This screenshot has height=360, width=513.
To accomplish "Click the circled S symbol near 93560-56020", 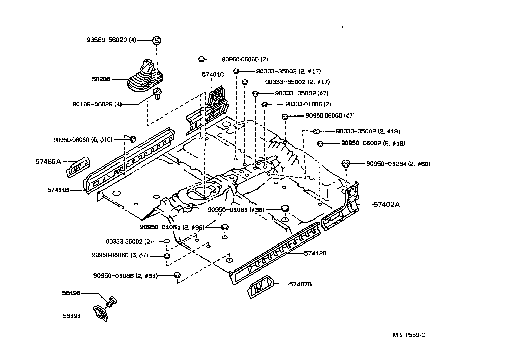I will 156,40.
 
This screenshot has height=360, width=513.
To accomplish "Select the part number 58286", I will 101,80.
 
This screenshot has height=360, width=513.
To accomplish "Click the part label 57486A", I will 48,162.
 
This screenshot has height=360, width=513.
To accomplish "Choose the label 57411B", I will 58,190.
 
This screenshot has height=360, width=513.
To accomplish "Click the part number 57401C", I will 213,74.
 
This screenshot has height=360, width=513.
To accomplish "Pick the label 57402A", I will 387,204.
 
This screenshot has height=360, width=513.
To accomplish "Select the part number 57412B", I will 315,253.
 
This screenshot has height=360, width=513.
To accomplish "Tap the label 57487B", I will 300,284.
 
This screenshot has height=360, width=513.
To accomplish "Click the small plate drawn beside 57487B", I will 261,287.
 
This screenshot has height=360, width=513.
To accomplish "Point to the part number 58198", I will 71,293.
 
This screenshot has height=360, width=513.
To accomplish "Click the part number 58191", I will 72,316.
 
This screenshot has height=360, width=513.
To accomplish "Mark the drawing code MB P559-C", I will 409,335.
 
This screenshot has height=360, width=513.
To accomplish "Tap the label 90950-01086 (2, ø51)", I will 125,276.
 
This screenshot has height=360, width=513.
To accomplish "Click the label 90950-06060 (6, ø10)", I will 83,140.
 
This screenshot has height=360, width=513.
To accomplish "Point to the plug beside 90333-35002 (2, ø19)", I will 317,131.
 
